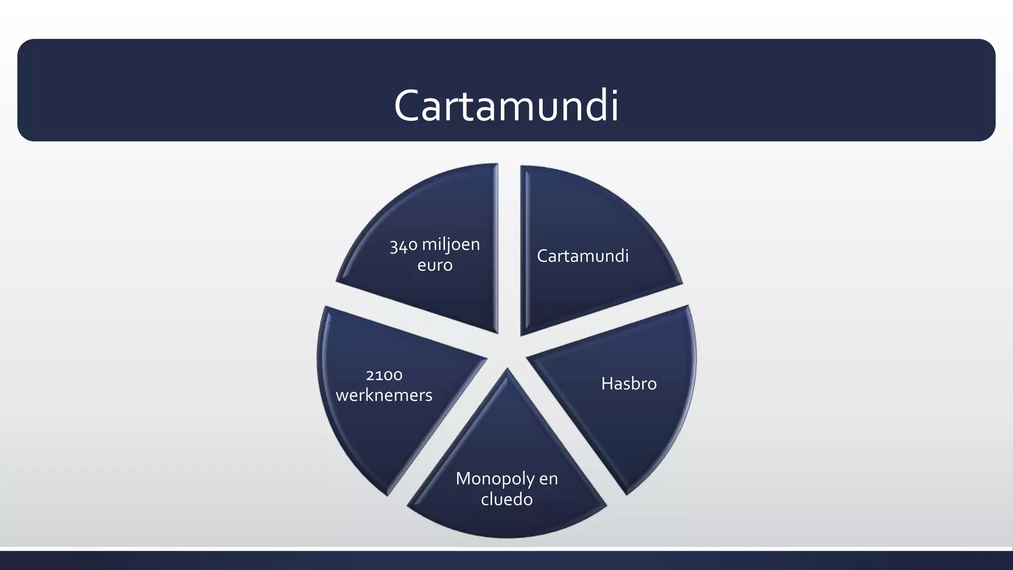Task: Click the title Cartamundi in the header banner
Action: point(506,105)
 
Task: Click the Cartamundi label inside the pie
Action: point(583,256)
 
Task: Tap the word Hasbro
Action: point(629,383)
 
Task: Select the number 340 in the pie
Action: point(404,245)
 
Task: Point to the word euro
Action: point(435,265)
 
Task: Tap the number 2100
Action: point(384,375)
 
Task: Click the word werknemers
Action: point(384,395)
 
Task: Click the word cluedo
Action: point(506,499)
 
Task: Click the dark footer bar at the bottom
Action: point(506,561)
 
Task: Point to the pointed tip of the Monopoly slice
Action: point(507,368)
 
